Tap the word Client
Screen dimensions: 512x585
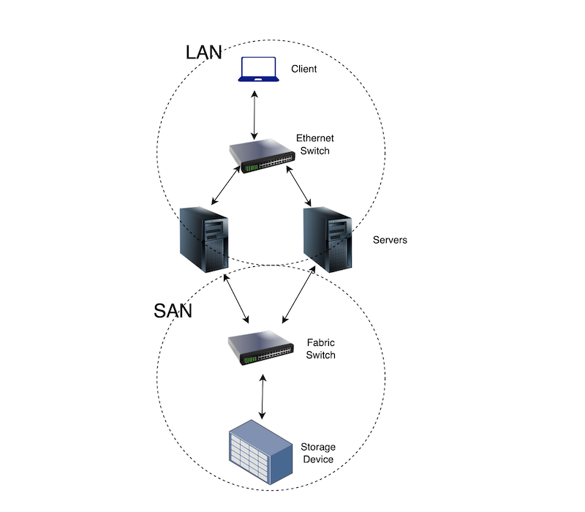click(x=304, y=69)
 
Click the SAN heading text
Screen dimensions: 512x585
click(x=173, y=311)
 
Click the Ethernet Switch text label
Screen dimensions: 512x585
click(x=313, y=144)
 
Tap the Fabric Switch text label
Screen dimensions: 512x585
click(x=321, y=349)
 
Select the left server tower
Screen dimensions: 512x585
click(x=204, y=237)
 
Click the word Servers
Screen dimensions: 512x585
click(x=390, y=240)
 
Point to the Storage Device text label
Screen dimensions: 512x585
click(x=317, y=453)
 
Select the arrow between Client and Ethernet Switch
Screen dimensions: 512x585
click(x=254, y=115)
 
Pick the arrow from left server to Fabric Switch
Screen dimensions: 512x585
click(x=238, y=299)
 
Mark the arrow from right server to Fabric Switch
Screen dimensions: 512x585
click(x=299, y=294)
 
